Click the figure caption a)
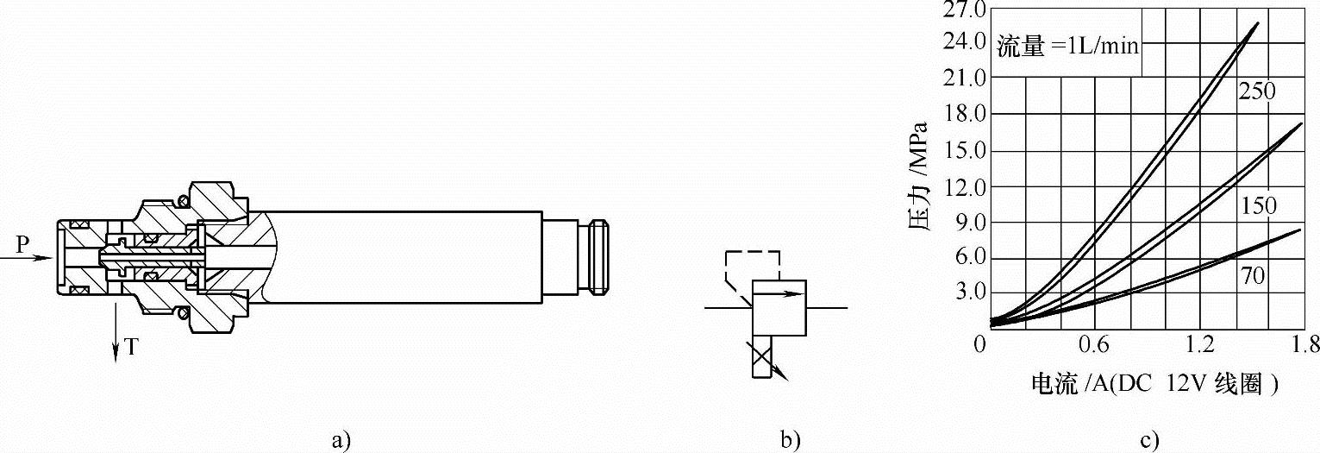(x=341, y=441)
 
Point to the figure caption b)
(x=790, y=441)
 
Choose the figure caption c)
(x=1148, y=441)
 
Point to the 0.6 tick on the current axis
(x=1094, y=344)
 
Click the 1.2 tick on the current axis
(x=1200, y=344)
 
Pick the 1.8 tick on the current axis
(x=1305, y=344)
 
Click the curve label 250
(x=1256, y=91)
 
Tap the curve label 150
(x=1258, y=205)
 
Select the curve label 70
(x=1254, y=275)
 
